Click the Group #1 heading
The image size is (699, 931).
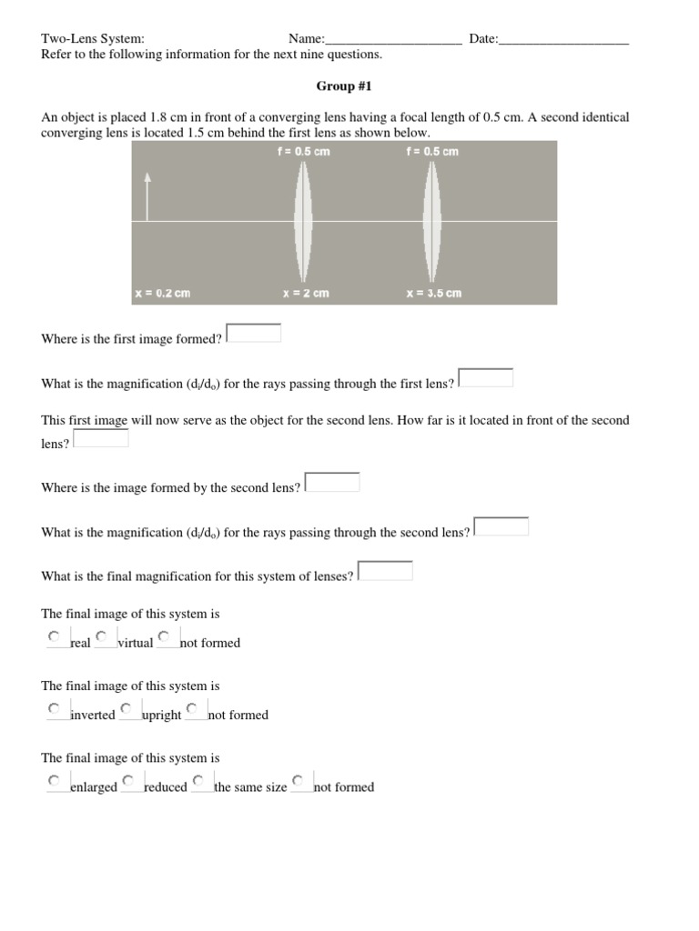(344, 86)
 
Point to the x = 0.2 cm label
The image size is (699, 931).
(162, 294)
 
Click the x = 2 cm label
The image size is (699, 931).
(306, 294)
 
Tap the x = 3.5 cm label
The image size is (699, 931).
(433, 294)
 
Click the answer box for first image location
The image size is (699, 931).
(254, 334)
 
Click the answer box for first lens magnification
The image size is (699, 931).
(486, 377)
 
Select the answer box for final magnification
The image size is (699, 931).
(386, 571)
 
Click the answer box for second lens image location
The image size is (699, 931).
(332, 482)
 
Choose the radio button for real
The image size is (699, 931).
(55, 636)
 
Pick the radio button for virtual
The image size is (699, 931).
(102, 636)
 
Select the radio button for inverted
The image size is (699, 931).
(55, 708)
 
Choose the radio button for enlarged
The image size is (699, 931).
(55, 780)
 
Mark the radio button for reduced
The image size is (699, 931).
(129, 780)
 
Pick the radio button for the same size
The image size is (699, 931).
(199, 780)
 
